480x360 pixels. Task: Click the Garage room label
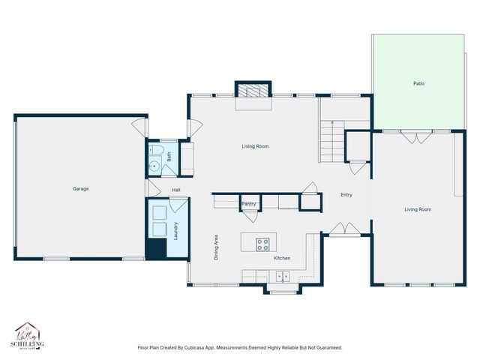[x=80, y=188]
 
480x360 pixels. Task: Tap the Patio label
[x=418, y=83]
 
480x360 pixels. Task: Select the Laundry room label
[x=175, y=231]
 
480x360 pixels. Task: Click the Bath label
[x=169, y=157]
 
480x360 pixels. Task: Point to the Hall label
[x=175, y=190]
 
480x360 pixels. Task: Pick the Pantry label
[x=249, y=203]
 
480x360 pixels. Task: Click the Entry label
[x=346, y=195]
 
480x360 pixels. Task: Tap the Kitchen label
[x=281, y=258]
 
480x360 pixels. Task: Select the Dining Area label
[x=217, y=247]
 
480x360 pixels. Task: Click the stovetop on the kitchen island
[x=262, y=243]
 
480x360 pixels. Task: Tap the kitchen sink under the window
[x=282, y=276]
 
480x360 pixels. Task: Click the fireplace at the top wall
[x=253, y=90]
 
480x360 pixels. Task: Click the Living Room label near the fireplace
[x=255, y=146]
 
